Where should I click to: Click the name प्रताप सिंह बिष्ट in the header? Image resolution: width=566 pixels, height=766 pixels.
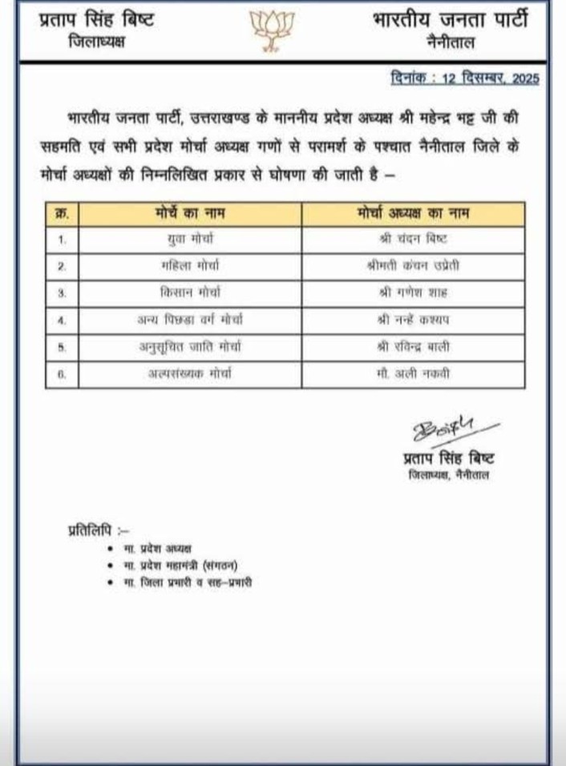tap(96, 20)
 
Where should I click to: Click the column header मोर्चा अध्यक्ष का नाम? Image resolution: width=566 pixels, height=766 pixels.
tap(413, 215)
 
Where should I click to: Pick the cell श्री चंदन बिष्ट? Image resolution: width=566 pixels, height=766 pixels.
tap(412, 240)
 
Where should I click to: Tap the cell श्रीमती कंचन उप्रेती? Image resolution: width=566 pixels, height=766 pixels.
tap(413, 265)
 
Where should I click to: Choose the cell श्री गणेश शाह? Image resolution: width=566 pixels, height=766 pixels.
tap(412, 292)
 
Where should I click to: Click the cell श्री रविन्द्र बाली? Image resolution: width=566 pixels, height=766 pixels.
tap(412, 346)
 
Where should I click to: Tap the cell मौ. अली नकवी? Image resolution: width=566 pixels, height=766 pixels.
tap(412, 373)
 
